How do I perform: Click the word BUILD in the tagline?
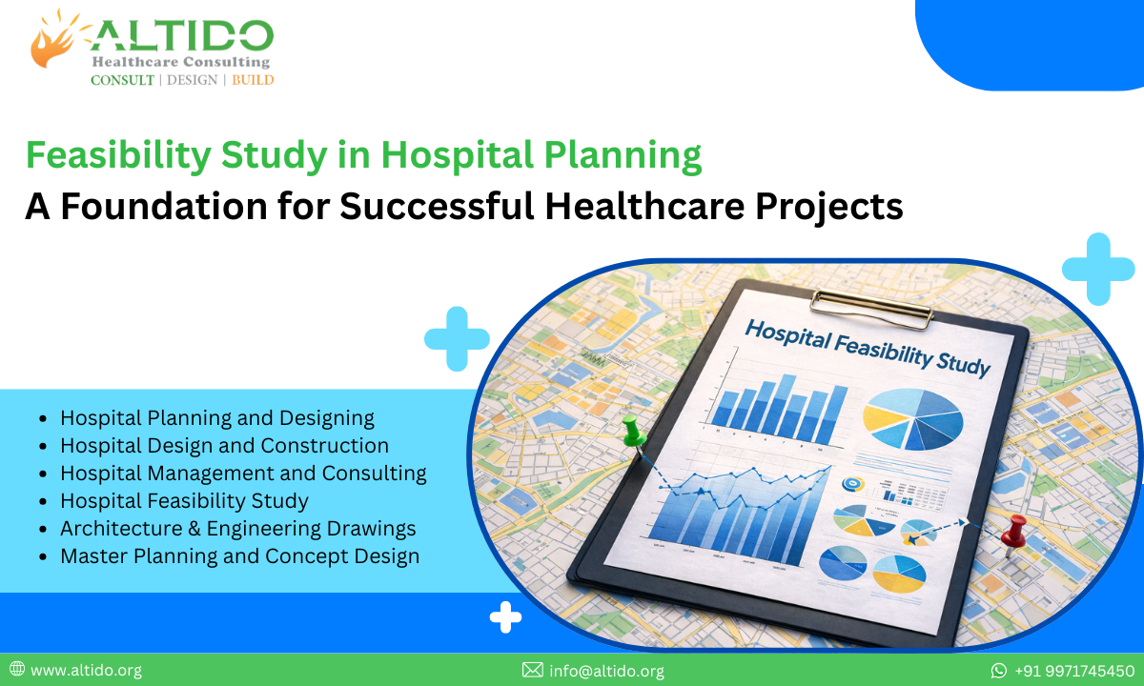coord(253,80)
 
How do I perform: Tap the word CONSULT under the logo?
coord(122,80)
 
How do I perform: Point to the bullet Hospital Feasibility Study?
coord(184,500)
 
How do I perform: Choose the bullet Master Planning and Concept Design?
coord(239,555)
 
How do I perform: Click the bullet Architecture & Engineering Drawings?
coord(237,528)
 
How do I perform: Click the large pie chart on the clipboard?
coord(912,418)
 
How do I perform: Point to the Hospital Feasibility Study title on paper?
coord(867,348)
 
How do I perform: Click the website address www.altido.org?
coord(86,671)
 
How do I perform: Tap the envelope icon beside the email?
coord(532,671)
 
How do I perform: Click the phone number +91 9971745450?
coord(1073,671)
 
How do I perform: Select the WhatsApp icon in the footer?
coord(999,671)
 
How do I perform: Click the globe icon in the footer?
coord(17,670)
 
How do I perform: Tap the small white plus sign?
coord(505,618)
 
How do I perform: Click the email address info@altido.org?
coord(606,671)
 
